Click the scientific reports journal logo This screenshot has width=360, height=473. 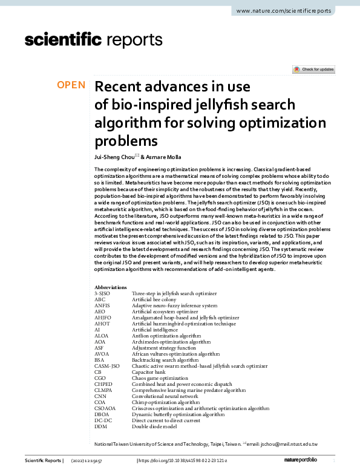[93, 40]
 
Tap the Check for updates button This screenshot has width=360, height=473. [313, 70]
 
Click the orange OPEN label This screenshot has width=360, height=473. [71, 85]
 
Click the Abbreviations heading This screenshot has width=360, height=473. [111, 287]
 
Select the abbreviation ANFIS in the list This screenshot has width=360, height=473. [102, 305]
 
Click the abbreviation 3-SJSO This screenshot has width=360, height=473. [103, 293]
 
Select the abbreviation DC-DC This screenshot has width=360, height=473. [103, 420]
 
